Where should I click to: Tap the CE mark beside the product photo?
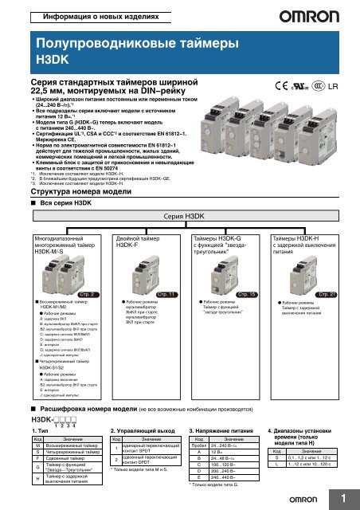click(x=282, y=84)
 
